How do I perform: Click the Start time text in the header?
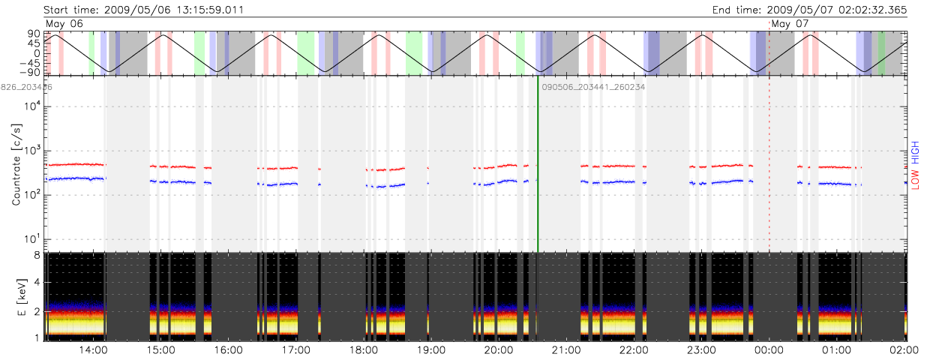point(143,10)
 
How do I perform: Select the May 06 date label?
point(64,24)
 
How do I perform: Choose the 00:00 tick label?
point(769,349)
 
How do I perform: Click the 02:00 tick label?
point(904,349)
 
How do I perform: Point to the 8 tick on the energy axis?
point(35,255)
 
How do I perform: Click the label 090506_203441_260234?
point(593,87)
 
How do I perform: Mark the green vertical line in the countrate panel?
point(538,165)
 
